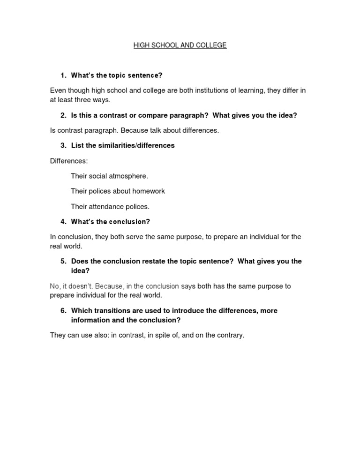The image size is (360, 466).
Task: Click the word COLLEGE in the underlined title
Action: pos(212,45)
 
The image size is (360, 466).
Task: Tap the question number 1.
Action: pos(63,75)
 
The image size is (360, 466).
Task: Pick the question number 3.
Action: pos(63,145)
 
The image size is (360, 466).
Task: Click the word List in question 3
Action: pos(77,145)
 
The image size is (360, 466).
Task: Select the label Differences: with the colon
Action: pos(69,161)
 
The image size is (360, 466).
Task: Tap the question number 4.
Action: pos(63,222)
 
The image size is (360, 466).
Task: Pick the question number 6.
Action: pos(63,311)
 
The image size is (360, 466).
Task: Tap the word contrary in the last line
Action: pos(230,335)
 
